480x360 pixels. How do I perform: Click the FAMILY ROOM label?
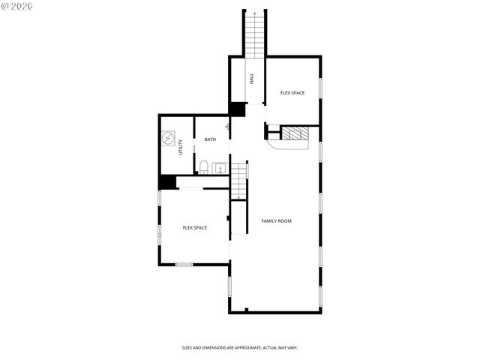pos(276,221)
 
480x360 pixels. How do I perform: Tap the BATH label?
pos(210,139)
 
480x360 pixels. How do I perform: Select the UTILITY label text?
pos(181,148)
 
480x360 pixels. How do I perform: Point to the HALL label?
pos(251,78)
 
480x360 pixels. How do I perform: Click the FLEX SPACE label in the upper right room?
pos(292,93)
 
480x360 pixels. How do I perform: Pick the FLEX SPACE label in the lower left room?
pos(195,228)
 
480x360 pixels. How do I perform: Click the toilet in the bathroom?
pos(203,166)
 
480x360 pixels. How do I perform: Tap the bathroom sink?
pos(220,167)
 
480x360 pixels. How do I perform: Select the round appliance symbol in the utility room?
pos(169,139)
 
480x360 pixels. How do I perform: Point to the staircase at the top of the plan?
pos(254,33)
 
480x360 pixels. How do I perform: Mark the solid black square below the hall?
pos(238,109)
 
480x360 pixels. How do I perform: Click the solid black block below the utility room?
pos(167,181)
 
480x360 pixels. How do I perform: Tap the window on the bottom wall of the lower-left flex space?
pos(184,264)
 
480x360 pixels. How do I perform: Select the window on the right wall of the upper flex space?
pos(320,88)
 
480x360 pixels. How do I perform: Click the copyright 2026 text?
pos(16,6)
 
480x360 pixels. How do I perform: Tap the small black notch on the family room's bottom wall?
pos(246,310)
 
